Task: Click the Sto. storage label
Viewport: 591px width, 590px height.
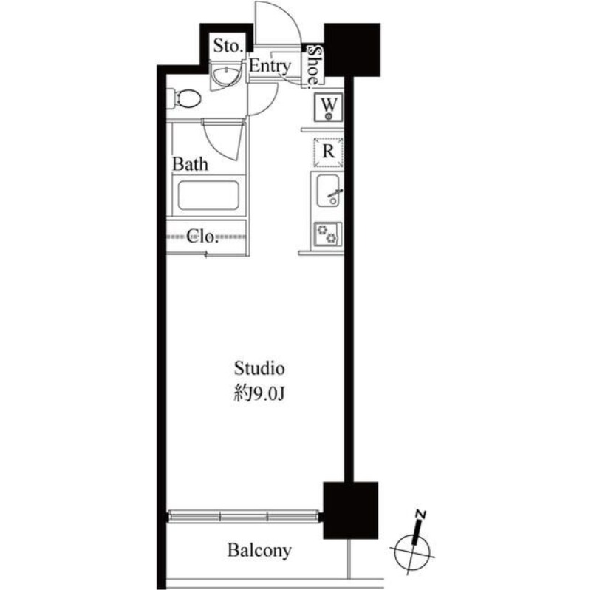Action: [227, 46]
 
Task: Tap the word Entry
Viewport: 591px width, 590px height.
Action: [270, 67]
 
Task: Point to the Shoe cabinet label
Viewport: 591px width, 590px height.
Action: [315, 65]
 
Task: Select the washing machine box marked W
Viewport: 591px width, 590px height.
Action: [329, 108]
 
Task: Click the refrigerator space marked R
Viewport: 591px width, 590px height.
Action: [328, 152]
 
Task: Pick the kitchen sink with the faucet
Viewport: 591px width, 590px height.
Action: [327, 191]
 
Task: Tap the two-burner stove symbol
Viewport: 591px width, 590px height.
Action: [327, 233]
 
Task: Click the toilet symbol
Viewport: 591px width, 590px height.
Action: [186, 98]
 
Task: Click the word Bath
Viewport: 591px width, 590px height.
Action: [190, 163]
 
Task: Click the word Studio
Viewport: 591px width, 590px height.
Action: [260, 367]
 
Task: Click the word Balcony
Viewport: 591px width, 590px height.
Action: [259, 550]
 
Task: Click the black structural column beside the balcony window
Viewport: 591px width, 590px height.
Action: [351, 509]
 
